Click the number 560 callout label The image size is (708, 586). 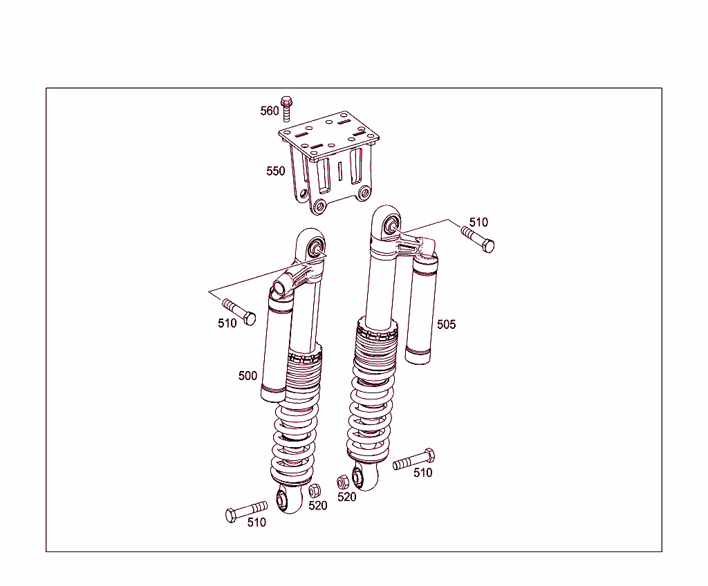[x=269, y=111]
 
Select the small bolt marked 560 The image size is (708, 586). [x=287, y=108]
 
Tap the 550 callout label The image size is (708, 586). [x=275, y=171]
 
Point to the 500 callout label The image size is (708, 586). [x=248, y=376]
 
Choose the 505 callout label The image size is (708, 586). [x=446, y=324]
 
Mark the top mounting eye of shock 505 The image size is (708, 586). [x=390, y=224]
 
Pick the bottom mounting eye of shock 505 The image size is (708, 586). [x=360, y=476]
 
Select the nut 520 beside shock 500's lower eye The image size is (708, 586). [x=313, y=491]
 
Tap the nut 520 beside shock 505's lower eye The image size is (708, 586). [x=342, y=481]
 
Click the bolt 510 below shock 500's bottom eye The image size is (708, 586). [x=245, y=511]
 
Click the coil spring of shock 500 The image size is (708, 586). [x=293, y=442]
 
